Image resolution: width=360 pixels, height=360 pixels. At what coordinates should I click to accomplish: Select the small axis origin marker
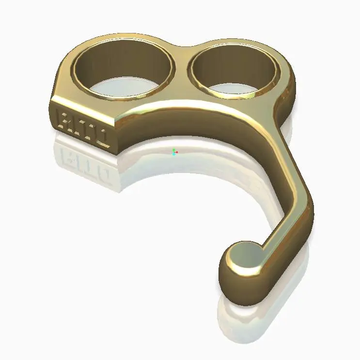(x=174, y=152)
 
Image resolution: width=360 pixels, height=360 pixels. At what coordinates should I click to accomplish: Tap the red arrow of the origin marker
(x=177, y=152)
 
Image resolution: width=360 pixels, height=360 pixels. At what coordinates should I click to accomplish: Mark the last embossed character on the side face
(x=102, y=135)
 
